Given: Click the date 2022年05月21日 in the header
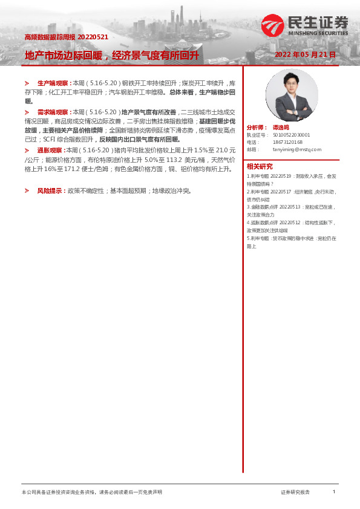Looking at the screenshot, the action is pyautogui.click(x=305, y=55).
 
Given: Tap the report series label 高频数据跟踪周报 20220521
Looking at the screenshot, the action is pyautogui.click(x=66, y=37).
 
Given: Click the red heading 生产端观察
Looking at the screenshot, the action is pyautogui.click(x=53, y=82).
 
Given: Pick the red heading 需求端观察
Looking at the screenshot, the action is pyautogui.click(x=53, y=112).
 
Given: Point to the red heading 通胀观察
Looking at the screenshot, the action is pyautogui.click(x=50, y=149).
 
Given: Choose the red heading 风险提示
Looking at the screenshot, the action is pyautogui.click(x=51, y=190).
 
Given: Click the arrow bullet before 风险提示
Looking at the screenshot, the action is pyautogui.click(x=27, y=190).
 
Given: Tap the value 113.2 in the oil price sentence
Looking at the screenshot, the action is pyautogui.click(x=175, y=160).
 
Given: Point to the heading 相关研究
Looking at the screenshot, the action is pyautogui.click(x=259, y=166).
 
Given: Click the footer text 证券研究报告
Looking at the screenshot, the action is pyautogui.click(x=295, y=493).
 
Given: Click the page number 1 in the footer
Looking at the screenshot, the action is pyautogui.click(x=334, y=492).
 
